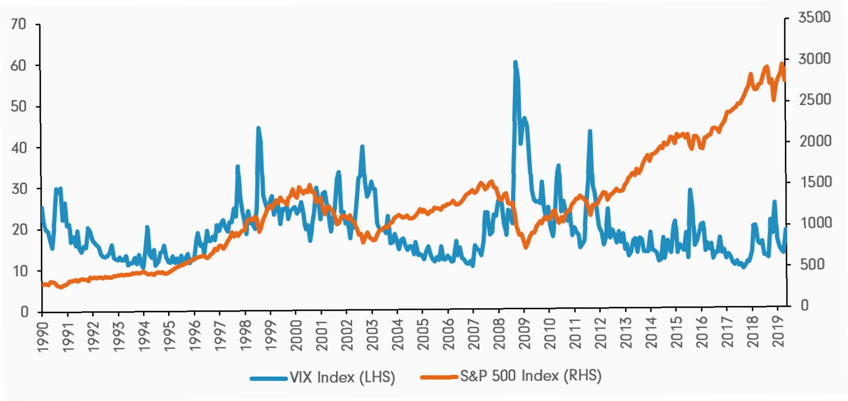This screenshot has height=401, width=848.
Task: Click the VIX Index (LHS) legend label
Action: click(x=342, y=377)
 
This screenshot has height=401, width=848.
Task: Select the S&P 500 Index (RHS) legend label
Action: click(x=530, y=376)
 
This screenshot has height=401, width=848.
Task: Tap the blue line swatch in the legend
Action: click(x=269, y=378)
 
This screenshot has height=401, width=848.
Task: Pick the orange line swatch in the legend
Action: click(x=439, y=377)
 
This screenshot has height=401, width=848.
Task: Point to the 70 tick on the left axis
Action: click(x=18, y=24)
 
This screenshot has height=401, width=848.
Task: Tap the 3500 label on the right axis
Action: click(x=814, y=18)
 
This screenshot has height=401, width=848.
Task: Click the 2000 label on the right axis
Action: click(x=815, y=141)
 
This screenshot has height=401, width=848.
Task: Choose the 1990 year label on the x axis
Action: click(x=43, y=337)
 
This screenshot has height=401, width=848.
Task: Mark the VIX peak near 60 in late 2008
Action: click(x=515, y=62)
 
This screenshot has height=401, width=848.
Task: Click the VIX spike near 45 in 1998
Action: click(x=258, y=128)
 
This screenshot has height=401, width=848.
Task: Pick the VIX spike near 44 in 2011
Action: click(x=590, y=131)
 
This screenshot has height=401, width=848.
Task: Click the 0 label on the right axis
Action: click(x=804, y=305)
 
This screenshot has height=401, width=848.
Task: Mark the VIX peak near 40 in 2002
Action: click(x=362, y=146)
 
